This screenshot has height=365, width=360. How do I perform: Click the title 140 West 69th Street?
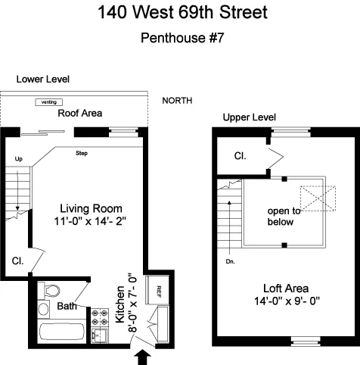coord(182,13)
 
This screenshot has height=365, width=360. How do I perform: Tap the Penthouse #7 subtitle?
coord(182,37)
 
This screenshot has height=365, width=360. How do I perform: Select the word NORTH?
coord(177,101)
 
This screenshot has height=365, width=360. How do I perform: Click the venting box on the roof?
coord(49,102)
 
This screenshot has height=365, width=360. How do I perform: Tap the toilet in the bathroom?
coord(50,291)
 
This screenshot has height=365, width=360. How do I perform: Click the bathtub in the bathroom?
coord(61,331)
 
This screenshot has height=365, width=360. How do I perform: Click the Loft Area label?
coord(283,289)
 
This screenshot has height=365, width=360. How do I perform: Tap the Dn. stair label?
coord(231,262)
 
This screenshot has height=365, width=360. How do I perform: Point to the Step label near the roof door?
coord(82,154)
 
